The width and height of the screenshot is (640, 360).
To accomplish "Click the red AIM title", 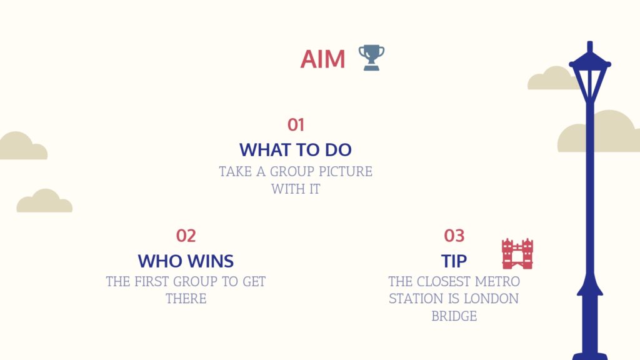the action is tap(323, 59).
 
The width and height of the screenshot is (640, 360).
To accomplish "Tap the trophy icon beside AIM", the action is tap(371, 57).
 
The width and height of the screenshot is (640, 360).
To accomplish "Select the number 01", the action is tap(296, 125).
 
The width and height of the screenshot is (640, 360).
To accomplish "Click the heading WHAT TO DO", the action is tap(296, 150).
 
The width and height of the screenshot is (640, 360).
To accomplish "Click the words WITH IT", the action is tap(296, 189).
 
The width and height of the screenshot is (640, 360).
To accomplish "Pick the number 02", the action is tap(186, 236).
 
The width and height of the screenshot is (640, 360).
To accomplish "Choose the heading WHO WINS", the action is tap(186, 261).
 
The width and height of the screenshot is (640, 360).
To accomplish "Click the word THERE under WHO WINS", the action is tap(186, 299).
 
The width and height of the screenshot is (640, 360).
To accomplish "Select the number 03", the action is tap(454, 236).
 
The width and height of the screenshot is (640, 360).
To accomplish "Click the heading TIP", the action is tap(454, 261).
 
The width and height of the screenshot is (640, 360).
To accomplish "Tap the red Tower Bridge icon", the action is tap(517, 254).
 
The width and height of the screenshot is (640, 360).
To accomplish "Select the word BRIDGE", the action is tap(454, 316).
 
